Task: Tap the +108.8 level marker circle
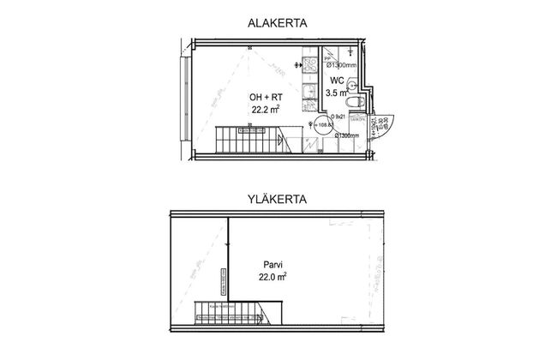click(x=324, y=127)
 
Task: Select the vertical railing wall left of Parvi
click(x=228, y=257)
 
